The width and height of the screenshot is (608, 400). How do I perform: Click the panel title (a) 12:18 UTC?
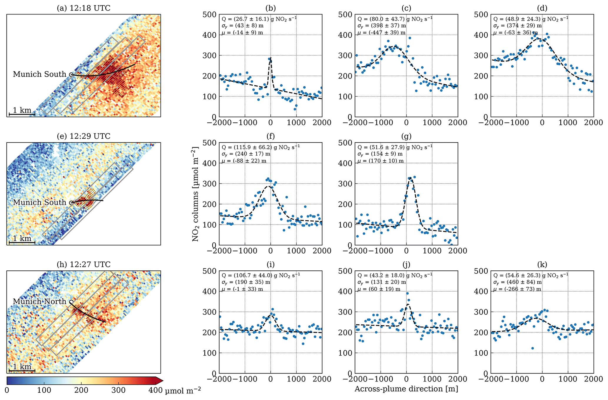point(84,8)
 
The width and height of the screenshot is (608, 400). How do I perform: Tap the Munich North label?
point(39,301)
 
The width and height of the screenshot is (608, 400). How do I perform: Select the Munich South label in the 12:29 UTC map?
point(39,202)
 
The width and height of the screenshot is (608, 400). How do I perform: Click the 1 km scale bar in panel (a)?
point(22,113)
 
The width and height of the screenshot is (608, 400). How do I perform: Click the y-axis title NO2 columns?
point(195,194)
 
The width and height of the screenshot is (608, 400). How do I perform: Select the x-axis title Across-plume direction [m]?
point(406,389)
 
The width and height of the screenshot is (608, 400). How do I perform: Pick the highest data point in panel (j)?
point(407,293)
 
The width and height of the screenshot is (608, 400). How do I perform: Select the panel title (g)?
point(406,136)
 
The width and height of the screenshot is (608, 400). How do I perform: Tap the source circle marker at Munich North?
point(71,302)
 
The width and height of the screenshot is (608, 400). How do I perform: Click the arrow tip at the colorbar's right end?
point(162,381)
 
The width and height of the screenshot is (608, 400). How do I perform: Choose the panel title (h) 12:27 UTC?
point(84,265)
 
